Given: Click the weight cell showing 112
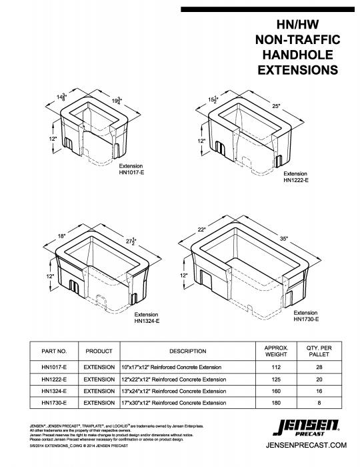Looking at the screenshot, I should pos(281,368).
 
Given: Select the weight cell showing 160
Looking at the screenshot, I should pos(281,391).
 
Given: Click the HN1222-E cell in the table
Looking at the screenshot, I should pos(54,380).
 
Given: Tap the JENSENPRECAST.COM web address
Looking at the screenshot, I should pos(307,445).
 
